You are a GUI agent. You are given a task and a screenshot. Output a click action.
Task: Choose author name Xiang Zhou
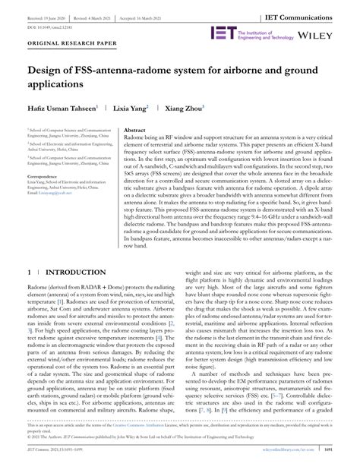tap(183, 109)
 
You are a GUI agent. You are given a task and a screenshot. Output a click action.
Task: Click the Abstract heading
tap(134, 131)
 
